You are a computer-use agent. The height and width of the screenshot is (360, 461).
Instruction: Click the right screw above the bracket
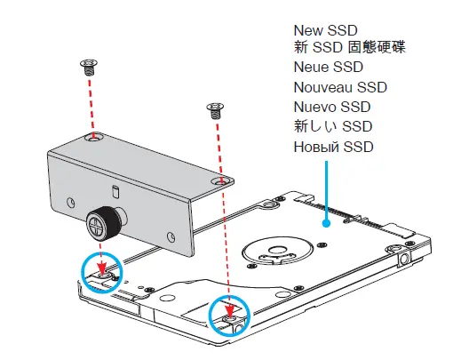click(x=213, y=110)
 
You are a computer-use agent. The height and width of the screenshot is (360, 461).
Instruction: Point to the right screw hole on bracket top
click(x=221, y=180)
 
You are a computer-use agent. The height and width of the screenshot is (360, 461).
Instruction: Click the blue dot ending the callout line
click(x=327, y=224)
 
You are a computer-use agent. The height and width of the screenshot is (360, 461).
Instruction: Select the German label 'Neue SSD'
click(x=329, y=67)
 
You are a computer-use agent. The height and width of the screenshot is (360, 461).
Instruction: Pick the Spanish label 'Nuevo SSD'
click(x=332, y=107)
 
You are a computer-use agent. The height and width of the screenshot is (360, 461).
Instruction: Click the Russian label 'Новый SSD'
click(x=334, y=146)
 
